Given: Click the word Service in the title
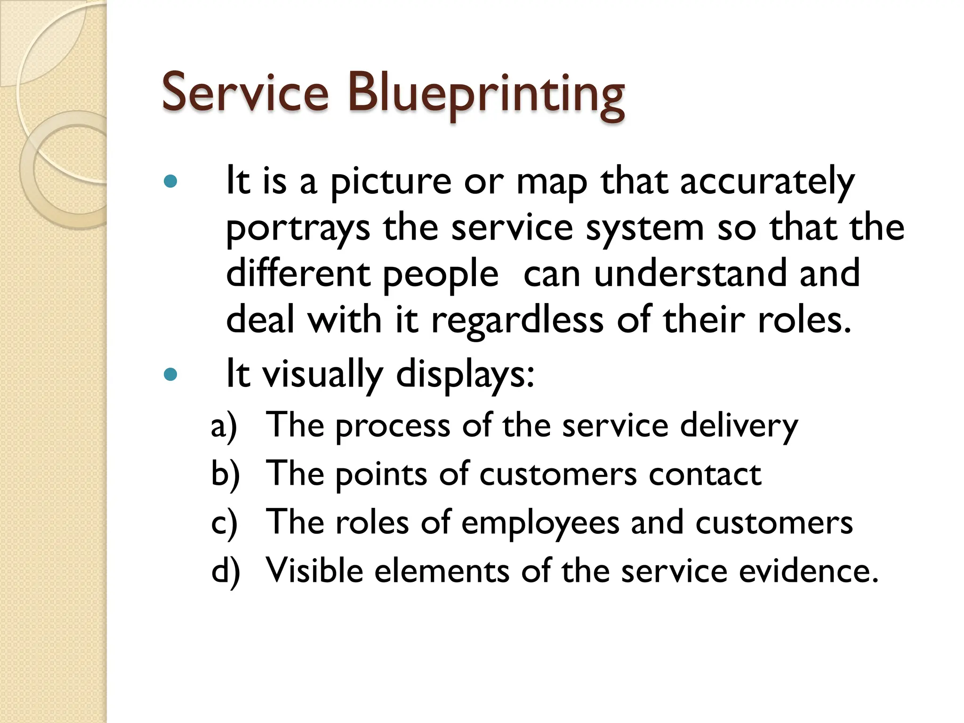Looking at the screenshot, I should click(x=245, y=92).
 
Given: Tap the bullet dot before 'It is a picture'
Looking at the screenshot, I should click(x=170, y=182).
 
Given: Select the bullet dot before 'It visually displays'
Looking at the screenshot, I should click(x=170, y=375).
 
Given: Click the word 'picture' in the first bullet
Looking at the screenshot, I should click(x=391, y=183).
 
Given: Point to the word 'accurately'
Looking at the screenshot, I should click(x=767, y=183).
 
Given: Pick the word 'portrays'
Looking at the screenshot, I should click(x=298, y=229).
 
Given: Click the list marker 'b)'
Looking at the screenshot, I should click(x=225, y=474).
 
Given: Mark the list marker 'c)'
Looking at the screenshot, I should click(x=224, y=523).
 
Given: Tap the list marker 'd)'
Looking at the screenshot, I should click(x=225, y=571).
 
